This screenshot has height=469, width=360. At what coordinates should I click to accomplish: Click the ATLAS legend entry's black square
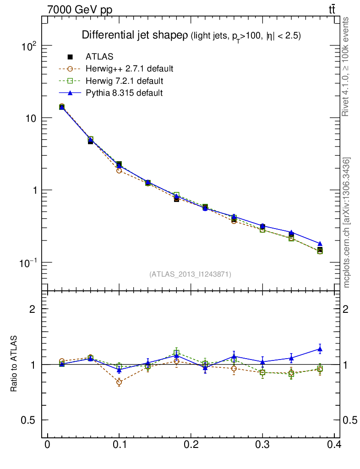pos(70,57)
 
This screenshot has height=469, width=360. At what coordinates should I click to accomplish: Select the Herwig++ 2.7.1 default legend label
pos(129,69)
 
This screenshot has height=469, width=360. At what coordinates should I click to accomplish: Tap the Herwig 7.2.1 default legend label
pos(124,81)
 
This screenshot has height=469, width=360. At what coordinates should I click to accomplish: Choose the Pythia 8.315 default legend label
pos(124,93)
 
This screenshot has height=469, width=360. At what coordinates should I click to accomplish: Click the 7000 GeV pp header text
pos(80,10)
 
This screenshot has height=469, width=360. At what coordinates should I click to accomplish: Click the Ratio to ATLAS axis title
pos(14,364)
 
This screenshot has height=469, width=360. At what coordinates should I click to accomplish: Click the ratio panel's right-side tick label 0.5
pos(350,420)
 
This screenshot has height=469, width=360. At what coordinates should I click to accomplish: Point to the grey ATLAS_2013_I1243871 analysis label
pos(190,274)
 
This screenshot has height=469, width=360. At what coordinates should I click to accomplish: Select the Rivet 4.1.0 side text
pos(347,66)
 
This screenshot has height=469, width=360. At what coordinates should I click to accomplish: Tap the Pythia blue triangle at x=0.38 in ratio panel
pos(320,349)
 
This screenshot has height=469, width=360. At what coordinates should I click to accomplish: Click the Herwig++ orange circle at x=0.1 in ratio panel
pos(119,382)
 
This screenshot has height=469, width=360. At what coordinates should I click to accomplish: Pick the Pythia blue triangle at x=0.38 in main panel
pos(320,244)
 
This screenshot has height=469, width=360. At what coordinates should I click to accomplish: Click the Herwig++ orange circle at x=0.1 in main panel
pos(119,170)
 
